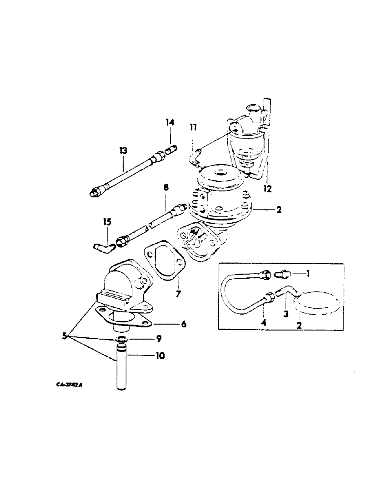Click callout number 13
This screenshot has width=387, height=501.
[123, 150]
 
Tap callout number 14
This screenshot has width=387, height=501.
[170, 122]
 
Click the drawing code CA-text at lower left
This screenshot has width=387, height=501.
[70, 386]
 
